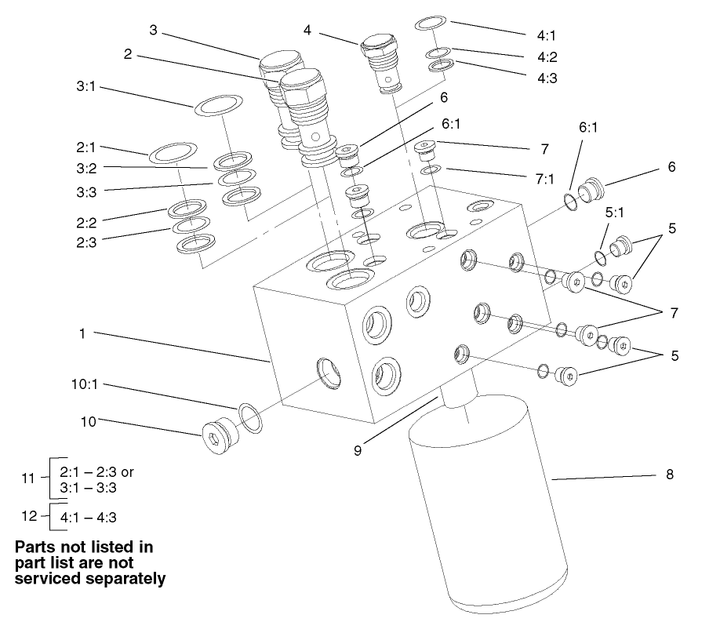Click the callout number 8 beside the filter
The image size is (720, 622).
pyautogui.click(x=669, y=475)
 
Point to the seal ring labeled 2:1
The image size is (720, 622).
pyautogui.click(x=173, y=152)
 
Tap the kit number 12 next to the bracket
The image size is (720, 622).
pyautogui.click(x=28, y=515)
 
